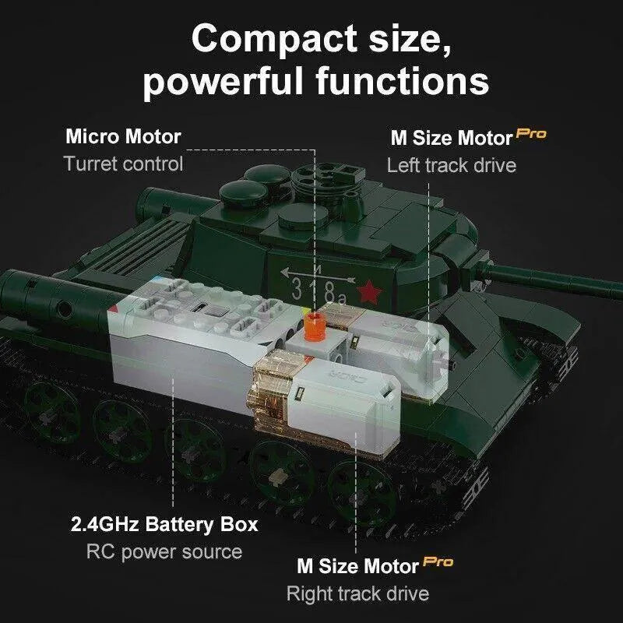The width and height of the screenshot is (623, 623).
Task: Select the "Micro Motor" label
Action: tap(123, 137)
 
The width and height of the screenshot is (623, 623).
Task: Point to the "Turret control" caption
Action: tap(123, 164)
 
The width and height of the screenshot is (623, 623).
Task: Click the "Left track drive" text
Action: tap(451, 165)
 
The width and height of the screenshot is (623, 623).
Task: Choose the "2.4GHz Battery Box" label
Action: tap(164, 523)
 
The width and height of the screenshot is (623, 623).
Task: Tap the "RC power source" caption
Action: tap(164, 551)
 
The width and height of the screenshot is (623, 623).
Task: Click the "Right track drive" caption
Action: tap(357, 593)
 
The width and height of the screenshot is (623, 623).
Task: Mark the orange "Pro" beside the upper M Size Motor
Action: tap(532, 134)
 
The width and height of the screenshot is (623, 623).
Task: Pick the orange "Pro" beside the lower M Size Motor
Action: tap(438, 561)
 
